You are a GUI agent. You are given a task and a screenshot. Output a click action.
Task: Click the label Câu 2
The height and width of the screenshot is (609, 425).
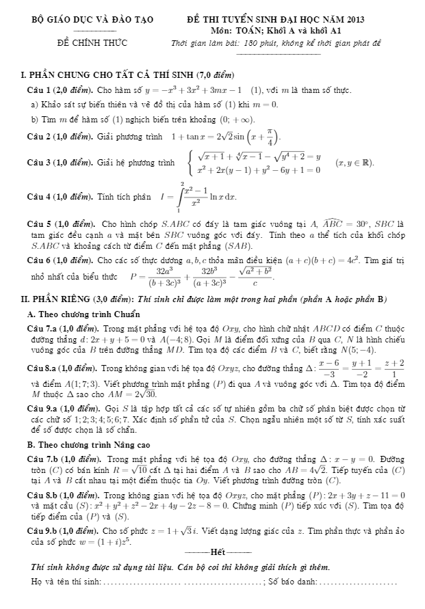coord(36,136)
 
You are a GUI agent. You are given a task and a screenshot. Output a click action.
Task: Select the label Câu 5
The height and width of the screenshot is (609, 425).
coord(36,224)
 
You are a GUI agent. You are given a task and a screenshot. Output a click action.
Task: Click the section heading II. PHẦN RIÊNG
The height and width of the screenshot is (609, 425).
coord(70,299)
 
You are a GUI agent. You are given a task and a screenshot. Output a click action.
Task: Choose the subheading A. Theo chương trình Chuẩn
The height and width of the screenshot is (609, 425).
coord(83,314)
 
